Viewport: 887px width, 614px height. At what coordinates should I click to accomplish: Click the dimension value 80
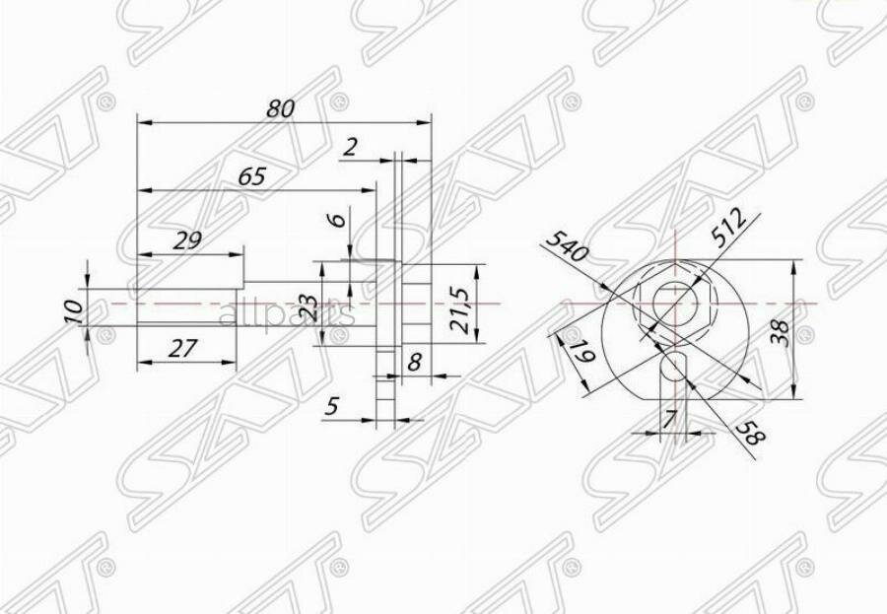(281, 109)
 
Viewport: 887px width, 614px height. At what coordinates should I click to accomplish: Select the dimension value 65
(252, 177)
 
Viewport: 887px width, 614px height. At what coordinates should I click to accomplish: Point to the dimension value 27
(183, 347)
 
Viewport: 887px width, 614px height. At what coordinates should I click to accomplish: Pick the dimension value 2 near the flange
(350, 148)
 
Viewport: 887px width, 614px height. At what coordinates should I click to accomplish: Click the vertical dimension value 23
(308, 308)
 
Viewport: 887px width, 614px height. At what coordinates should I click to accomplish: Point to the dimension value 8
(414, 362)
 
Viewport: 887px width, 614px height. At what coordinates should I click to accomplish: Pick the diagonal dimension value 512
(731, 227)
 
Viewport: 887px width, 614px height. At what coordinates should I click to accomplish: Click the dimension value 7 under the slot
(670, 419)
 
